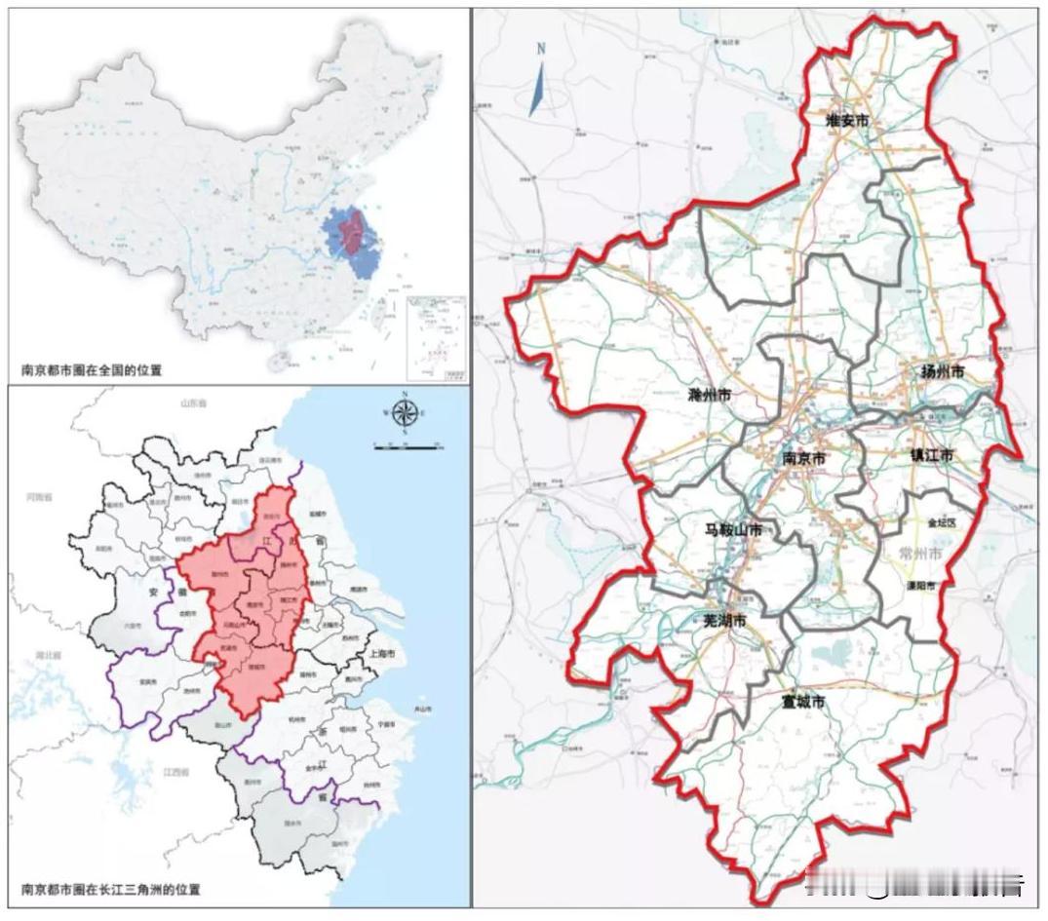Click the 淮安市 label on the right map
coord(846,121)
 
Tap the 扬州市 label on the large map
coord(943,371)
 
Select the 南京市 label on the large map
coord(805,457)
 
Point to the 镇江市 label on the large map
coord(932,455)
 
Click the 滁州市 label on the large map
coord(709,396)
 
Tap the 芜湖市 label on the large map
coord(725,621)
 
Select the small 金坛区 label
coord(942,522)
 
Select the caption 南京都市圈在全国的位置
coord(92,370)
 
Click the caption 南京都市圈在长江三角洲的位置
coord(110,889)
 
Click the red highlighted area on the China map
coord(351,234)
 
